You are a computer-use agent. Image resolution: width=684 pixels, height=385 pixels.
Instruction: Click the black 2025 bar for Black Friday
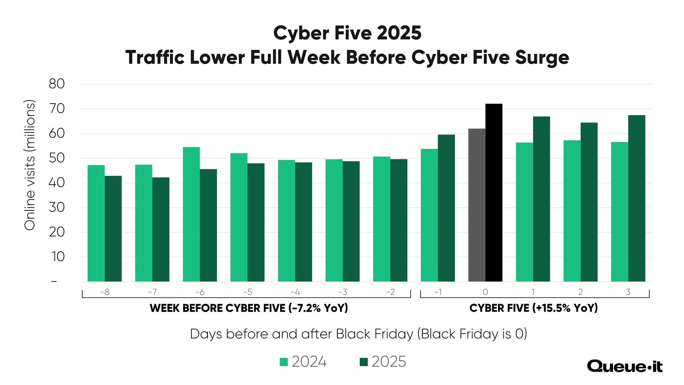tap(493, 192)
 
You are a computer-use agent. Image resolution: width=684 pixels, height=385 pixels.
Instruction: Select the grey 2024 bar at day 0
tap(477, 205)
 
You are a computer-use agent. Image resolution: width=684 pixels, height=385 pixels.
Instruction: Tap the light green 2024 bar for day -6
tap(191, 214)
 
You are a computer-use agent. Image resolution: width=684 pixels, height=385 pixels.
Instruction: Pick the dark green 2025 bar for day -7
tap(161, 229)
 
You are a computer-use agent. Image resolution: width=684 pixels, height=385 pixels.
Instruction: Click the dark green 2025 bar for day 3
tap(637, 198)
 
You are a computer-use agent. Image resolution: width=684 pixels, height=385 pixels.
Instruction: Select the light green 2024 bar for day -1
tap(429, 215)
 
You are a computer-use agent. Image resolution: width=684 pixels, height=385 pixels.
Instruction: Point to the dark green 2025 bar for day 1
tap(541, 199)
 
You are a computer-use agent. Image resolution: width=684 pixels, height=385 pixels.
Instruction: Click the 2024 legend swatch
tap(284, 362)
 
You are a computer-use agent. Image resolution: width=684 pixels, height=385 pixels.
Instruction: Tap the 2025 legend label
tap(389, 362)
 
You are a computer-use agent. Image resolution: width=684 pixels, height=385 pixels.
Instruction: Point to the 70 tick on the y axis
tap(57, 109)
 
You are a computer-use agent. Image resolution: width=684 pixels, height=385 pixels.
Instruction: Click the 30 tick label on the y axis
tap(57, 208)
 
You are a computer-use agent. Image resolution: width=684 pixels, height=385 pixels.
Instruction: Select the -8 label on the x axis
tap(105, 292)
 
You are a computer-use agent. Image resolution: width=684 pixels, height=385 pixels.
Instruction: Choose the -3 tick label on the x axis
tap(343, 292)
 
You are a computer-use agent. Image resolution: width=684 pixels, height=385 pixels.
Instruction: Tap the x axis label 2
tap(580, 292)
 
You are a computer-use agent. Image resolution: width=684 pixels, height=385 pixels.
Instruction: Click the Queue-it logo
tap(625, 367)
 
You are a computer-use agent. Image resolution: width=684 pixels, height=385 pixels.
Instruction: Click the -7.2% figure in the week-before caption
tap(305, 308)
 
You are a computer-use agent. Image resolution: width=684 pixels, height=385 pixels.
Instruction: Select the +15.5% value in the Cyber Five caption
tap(552, 308)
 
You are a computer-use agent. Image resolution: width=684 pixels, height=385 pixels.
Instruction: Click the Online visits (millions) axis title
tap(30, 165)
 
